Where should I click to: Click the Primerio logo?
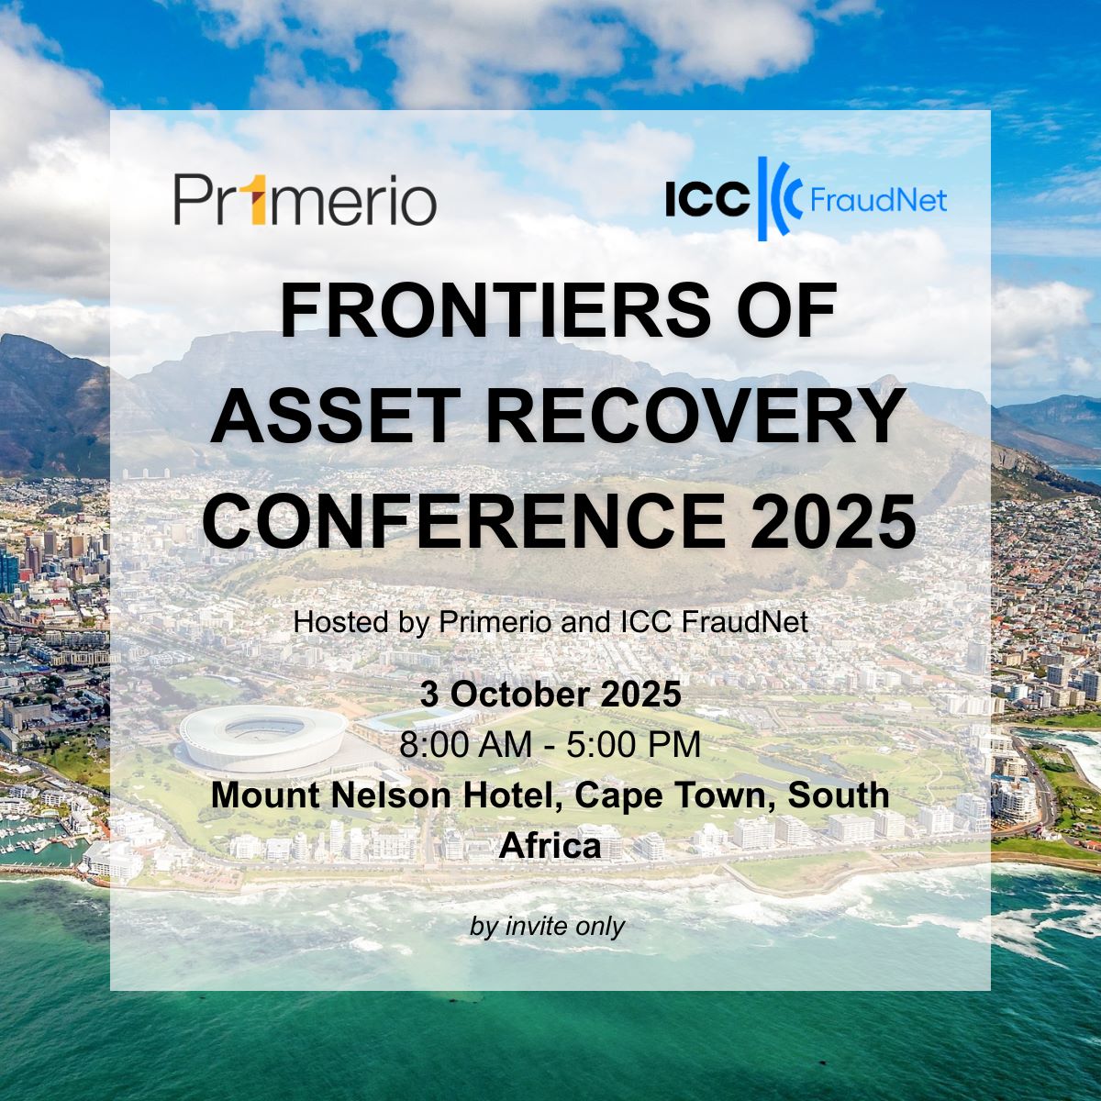tap(306, 199)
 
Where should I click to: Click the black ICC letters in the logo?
tap(707, 199)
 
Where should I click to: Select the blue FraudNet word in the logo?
tap(878, 200)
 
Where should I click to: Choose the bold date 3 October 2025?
tap(550, 695)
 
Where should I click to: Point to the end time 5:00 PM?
tap(633, 744)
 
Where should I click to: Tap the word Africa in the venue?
tap(550, 846)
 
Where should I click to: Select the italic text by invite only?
tap(548, 927)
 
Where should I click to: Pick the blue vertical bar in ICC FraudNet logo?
tap(762, 199)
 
